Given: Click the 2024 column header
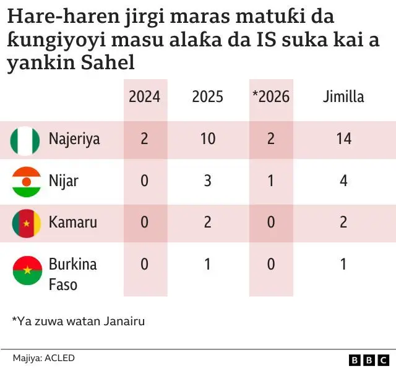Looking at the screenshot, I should (144, 96).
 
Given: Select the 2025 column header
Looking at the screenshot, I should (208, 96).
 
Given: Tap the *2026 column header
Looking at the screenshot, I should (271, 96).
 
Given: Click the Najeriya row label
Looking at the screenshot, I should (74, 139).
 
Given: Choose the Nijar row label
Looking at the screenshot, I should (63, 181).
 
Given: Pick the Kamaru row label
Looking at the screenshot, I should (72, 222).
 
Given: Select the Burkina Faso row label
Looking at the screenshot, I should (72, 274).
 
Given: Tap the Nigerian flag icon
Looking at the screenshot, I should (26, 140).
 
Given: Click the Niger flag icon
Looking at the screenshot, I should (26, 181).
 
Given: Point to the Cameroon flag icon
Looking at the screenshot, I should (26, 223).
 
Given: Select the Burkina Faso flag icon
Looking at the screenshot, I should (26, 270).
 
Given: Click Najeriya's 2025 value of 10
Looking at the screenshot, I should (208, 139).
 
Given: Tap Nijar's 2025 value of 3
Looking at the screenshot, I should (208, 181).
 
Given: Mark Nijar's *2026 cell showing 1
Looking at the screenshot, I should (271, 181).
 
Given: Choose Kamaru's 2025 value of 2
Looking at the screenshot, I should (208, 222).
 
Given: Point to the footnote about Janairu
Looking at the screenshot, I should (78, 321).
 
